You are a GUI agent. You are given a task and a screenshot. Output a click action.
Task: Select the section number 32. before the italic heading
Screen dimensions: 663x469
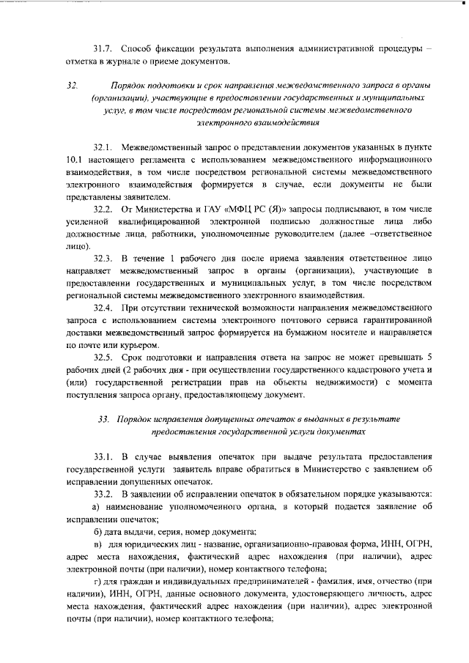[x=72, y=85]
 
